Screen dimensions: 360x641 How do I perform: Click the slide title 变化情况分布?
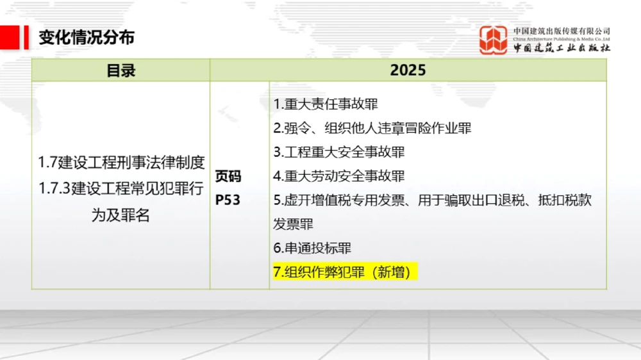coord(87,37)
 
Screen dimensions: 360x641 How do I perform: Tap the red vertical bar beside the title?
coord(26,37)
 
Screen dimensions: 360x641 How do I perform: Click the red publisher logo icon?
coord(493,40)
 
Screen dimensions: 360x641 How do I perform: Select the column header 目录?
coord(121,70)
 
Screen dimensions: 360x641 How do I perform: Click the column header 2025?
coord(408,70)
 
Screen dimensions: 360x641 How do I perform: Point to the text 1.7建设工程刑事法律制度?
coord(121,163)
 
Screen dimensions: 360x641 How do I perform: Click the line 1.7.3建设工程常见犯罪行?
coord(121,188)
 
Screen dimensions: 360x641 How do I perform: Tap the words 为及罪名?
coord(121,215)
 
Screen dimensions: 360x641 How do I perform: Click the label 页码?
coord(228,176)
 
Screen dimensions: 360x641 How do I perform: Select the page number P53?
coord(228,200)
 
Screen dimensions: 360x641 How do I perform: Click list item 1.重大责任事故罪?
coord(326,104)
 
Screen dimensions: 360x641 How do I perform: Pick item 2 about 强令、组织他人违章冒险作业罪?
coord(372,128)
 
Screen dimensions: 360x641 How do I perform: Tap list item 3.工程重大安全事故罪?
coord(339,152)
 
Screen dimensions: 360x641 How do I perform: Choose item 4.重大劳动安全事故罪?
coord(339,176)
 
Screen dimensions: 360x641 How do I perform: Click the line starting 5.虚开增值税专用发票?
coord(433,200)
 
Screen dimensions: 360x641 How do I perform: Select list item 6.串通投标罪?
coord(312,248)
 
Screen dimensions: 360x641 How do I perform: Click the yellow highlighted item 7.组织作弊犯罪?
coord(345,272)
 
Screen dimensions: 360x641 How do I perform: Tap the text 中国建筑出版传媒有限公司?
coord(562,31)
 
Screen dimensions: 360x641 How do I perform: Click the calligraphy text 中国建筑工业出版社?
coord(562,48)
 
